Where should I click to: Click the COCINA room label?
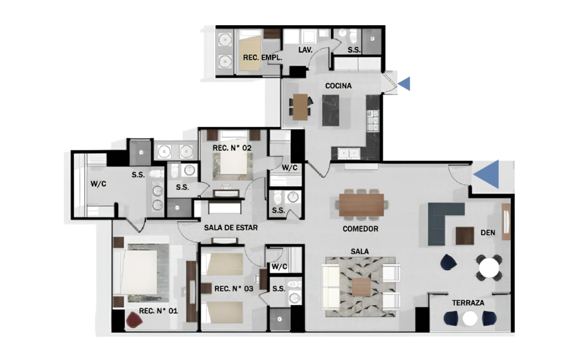[338, 86]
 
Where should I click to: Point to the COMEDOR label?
[360, 229]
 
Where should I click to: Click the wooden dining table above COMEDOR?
[362, 205]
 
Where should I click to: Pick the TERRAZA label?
[468, 303]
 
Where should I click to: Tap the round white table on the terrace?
[470, 319]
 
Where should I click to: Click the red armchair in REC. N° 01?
[134, 320]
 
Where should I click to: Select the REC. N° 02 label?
[232, 148]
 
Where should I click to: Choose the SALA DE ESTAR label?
[231, 227]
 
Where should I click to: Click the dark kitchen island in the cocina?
[331, 110]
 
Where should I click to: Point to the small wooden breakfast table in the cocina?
[300, 107]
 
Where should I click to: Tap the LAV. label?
[305, 50]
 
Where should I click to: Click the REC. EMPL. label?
[262, 58]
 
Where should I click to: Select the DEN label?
[488, 233]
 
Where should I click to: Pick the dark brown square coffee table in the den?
[465, 236]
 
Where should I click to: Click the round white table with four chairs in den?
[489, 267]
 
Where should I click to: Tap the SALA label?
[360, 252]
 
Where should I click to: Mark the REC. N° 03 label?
[234, 289]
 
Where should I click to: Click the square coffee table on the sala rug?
[361, 287]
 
